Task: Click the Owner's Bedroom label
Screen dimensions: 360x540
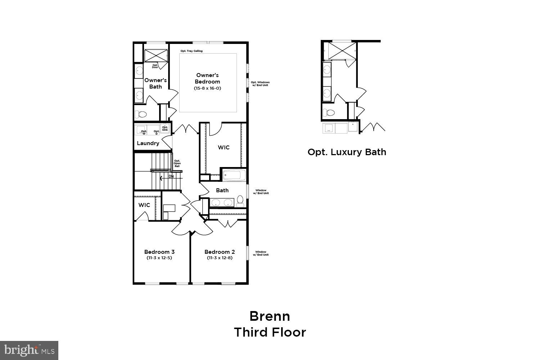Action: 207,78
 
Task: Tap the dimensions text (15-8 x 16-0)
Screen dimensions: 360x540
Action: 207,88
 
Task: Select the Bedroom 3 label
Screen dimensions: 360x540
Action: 159,252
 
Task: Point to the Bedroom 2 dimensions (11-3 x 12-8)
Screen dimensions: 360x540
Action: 220,258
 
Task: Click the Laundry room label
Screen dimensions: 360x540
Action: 148,143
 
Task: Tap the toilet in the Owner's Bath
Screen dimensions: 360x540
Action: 141,114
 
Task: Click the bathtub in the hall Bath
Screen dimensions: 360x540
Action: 234,176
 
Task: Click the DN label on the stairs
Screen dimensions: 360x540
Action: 171,176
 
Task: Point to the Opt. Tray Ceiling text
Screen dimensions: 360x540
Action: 192,51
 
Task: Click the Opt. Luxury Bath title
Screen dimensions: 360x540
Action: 347,152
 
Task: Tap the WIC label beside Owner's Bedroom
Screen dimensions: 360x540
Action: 224,148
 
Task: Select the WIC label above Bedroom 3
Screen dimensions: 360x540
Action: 144,205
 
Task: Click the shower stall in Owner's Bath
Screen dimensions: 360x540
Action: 156,56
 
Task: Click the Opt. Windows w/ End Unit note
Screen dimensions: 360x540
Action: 260,84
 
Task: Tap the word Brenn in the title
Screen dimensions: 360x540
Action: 270,316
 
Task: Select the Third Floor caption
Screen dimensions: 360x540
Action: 270,332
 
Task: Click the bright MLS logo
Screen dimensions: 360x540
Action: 29,350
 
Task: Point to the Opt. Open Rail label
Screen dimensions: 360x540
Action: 177,163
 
